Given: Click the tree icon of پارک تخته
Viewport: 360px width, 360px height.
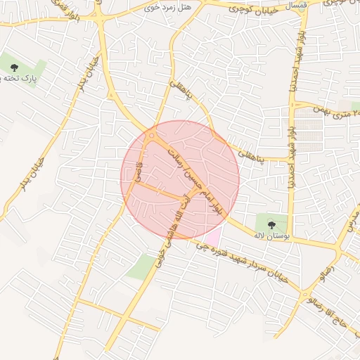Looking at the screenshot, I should [x=15, y=67].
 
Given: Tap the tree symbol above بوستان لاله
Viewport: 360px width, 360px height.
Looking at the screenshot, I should [x=272, y=225].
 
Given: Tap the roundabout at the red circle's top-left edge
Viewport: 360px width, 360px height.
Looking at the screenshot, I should [x=152, y=136].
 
